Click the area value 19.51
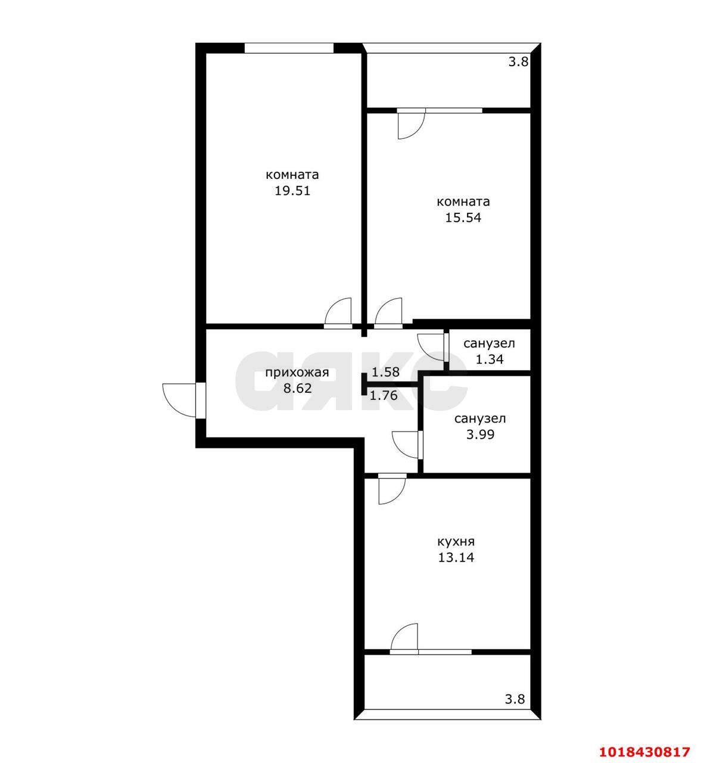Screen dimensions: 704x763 point(292,191)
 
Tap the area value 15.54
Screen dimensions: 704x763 point(463,218)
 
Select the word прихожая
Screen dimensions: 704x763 point(297,373)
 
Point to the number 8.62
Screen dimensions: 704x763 point(297,389)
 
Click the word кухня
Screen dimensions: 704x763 point(456,542)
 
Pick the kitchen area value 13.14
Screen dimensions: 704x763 point(456,557)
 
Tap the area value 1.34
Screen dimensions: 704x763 point(490,359)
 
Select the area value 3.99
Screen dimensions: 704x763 point(480,435)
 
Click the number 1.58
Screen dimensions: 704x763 point(385,372)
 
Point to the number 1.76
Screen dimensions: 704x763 point(384,395)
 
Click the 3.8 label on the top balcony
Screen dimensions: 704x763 point(519,62)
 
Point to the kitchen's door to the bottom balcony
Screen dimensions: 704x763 point(404,638)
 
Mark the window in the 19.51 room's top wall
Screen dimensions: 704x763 point(289,48)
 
